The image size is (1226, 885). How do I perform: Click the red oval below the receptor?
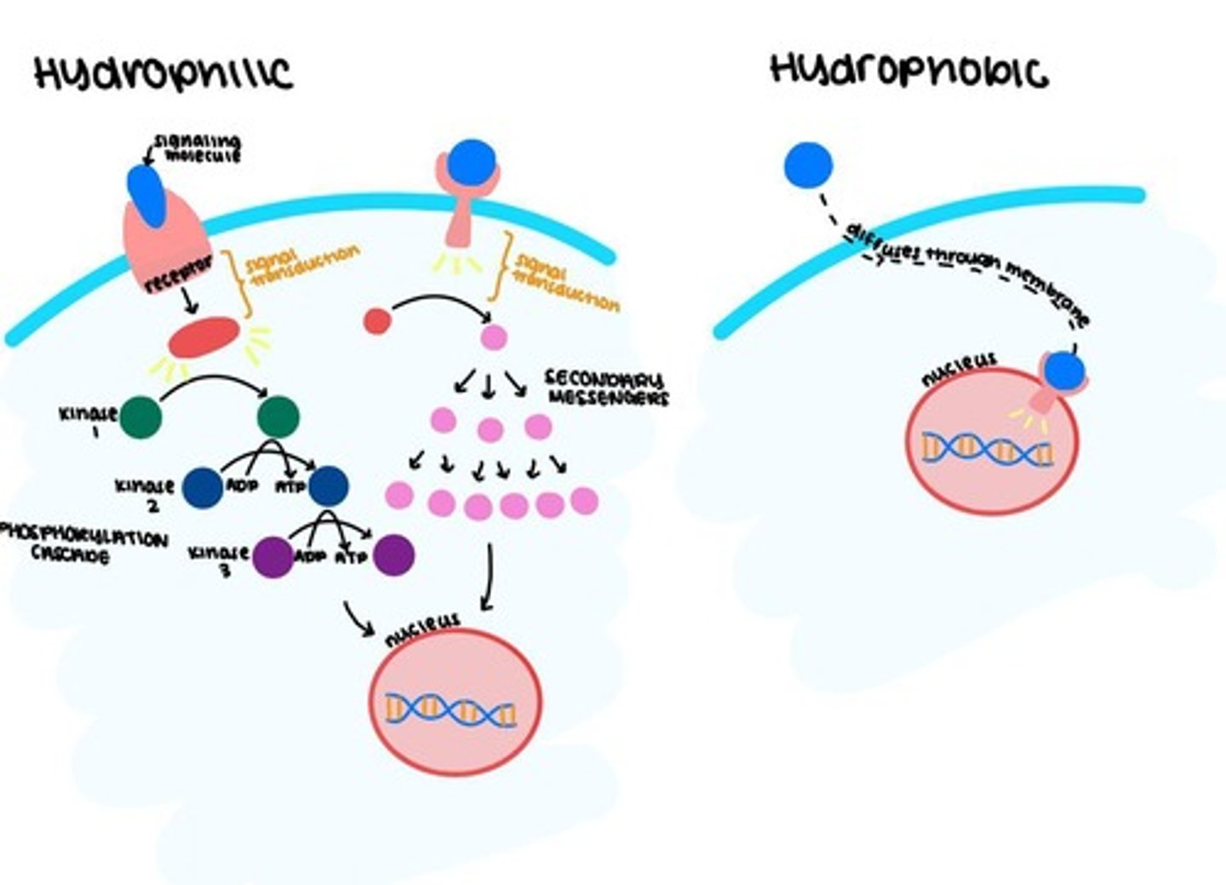click(x=203, y=337)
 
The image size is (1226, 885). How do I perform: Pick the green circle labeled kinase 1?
click(x=141, y=417)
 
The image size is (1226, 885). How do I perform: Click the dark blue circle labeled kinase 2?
click(x=202, y=487)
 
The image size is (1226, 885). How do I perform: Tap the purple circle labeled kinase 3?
click(x=273, y=557)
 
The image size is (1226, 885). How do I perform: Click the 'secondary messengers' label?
click(x=606, y=388)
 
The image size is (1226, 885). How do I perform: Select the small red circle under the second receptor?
click(x=377, y=321)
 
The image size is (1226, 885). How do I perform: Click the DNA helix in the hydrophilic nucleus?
click(x=450, y=709)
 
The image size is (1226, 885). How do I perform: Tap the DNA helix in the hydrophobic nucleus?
click(x=988, y=449)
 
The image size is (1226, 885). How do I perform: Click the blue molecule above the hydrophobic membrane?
click(x=808, y=165)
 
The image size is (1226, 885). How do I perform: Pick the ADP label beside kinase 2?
click(x=242, y=487)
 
